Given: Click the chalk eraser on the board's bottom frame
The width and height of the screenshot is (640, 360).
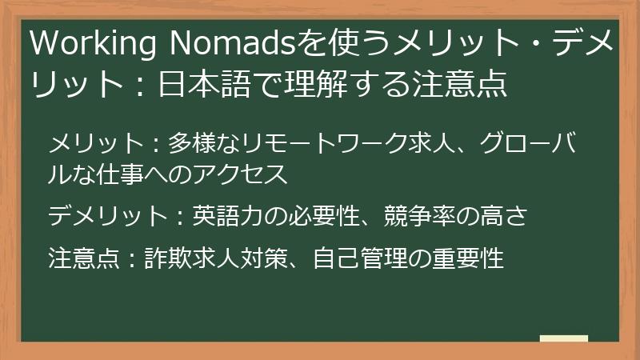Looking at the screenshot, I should click(x=564, y=339).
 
